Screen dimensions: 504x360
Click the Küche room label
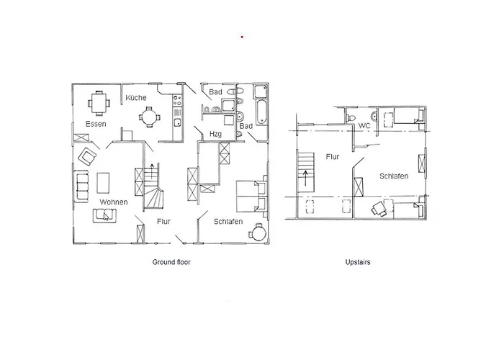pyautogui.click(x=136, y=98)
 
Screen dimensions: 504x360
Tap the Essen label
pyautogui.click(x=96, y=124)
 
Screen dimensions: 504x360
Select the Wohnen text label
pyautogui.click(x=114, y=202)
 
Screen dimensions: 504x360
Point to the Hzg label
pyautogui.click(x=215, y=134)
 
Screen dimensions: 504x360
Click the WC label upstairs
pyautogui.click(x=364, y=126)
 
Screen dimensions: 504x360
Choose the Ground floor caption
pyautogui.click(x=171, y=262)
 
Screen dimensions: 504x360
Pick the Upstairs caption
pyautogui.click(x=358, y=262)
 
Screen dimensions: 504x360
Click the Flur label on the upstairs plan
pyautogui.click(x=333, y=157)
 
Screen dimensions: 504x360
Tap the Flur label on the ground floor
pyautogui.click(x=163, y=222)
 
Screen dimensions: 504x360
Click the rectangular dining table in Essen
pyautogui.click(x=99, y=103)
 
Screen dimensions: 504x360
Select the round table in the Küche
pyautogui.click(x=150, y=117)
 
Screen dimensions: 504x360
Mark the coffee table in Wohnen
pyautogui.click(x=103, y=183)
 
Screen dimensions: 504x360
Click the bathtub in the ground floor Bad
pyautogui.click(x=261, y=112)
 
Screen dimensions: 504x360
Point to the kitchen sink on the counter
pyautogui.click(x=177, y=122)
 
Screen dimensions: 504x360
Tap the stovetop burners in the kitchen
pyautogui.click(x=177, y=100)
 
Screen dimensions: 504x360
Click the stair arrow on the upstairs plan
pyautogui.click(x=305, y=179)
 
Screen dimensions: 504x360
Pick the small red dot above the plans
pyautogui.click(x=242, y=37)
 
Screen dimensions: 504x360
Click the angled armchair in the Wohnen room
pyautogui.click(x=87, y=156)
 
